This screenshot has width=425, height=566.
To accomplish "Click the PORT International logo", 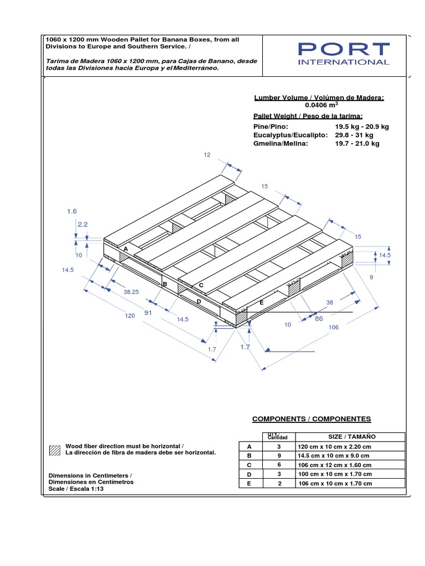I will tap(343, 54).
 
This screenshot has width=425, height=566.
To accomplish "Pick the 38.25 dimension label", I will tap(131, 291).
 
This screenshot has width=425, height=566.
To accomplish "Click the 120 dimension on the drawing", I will tap(130, 316).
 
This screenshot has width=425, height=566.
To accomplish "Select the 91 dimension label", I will tap(148, 313).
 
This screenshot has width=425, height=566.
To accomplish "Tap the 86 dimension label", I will tap(318, 319).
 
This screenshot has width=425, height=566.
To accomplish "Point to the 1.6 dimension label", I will tap(71, 211).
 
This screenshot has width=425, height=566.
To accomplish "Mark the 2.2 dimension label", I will tap(83, 224).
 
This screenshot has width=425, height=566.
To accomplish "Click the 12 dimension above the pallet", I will tap(207, 155).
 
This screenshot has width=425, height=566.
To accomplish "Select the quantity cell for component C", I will tap(279, 465).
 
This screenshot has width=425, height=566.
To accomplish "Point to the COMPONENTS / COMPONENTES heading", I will tap(312, 419).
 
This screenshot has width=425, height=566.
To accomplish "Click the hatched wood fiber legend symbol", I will tap(54, 449).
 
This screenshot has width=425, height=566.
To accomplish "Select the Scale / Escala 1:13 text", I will tap(76, 489).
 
